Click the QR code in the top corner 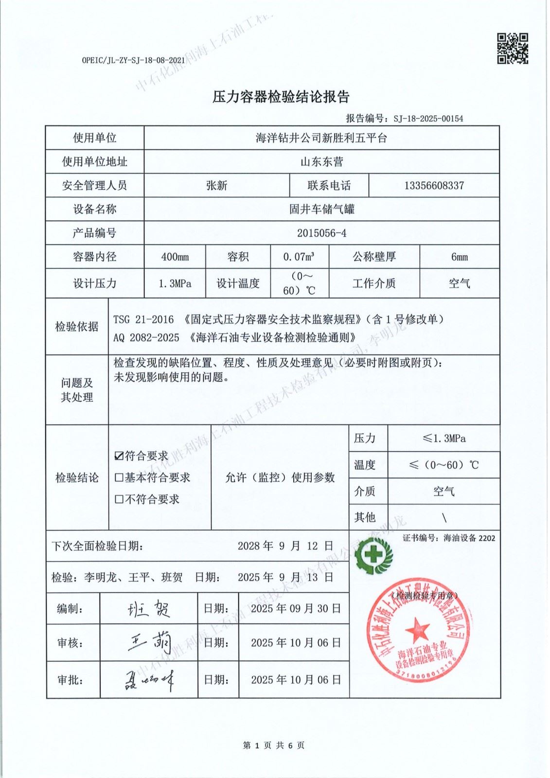click(512, 48)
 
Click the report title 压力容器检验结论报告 click(281, 97)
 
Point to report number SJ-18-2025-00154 click(428, 118)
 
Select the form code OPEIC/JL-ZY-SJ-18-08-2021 click(133, 60)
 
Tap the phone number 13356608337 click(434, 185)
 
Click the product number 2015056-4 click(321, 233)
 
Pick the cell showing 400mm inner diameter click(175, 257)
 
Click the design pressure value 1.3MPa click(175, 283)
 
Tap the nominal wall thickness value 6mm click(459, 257)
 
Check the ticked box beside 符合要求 click(119, 456)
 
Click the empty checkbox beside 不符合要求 click(119, 499)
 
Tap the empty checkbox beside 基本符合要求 click(119, 477)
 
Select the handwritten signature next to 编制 click(149, 608)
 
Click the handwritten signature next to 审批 click(149, 679)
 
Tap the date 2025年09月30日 click(296, 608)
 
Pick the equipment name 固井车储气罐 click(321, 209)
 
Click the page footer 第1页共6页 click(274, 745)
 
